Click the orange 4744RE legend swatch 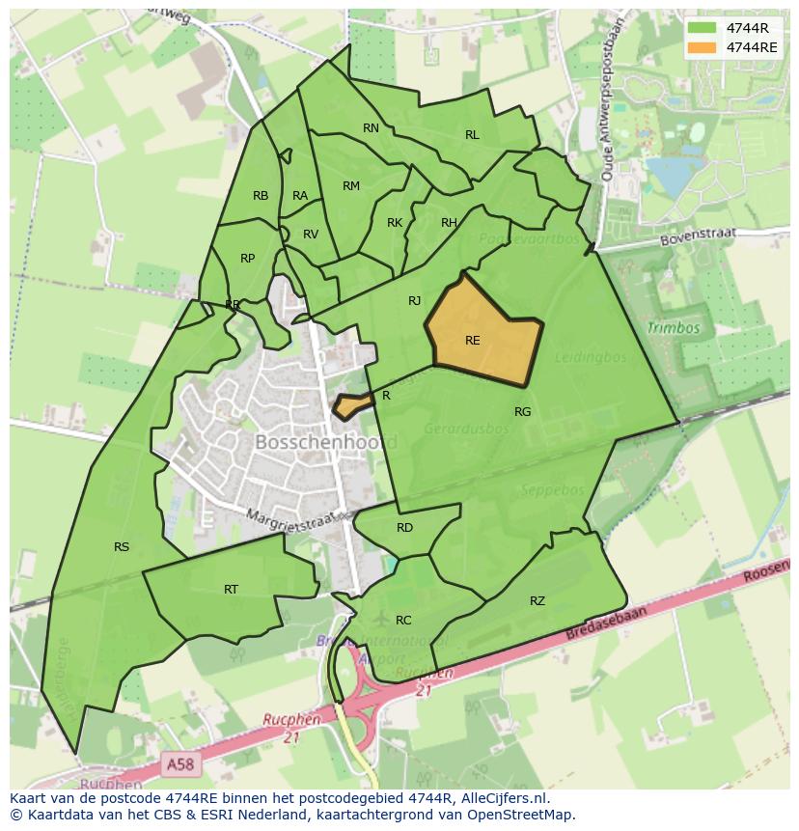pos(703,47)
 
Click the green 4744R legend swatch pos(703,28)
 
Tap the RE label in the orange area pos(472,341)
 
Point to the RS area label pos(122,547)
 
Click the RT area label pos(231,590)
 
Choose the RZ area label pos(537,601)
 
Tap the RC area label pos(403,621)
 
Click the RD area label pos(404,528)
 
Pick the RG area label pos(522,412)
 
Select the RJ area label pos(415,301)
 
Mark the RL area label pos(472,135)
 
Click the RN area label pos(371,128)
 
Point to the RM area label pos(351,186)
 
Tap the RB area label pos(261,196)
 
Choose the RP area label pos(248,259)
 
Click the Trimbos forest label pos(673,328)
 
